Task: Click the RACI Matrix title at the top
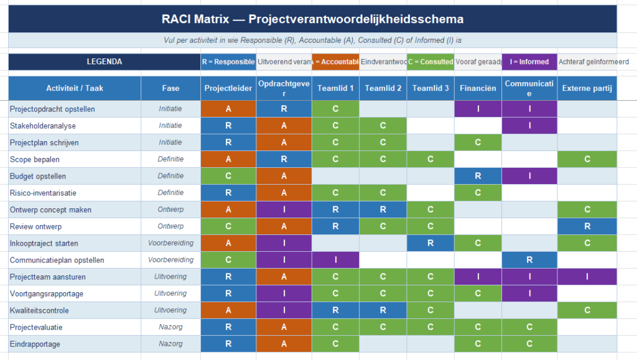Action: [x=312, y=19]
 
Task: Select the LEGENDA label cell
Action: [x=104, y=62]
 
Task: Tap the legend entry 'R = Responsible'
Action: [x=228, y=62]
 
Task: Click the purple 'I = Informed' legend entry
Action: [x=529, y=62]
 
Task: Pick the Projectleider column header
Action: [x=228, y=88]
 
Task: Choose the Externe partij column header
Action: [x=587, y=88]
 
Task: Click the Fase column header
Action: [x=170, y=88]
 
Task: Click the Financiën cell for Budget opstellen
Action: [x=478, y=176]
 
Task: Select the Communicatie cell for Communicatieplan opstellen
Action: [x=529, y=260]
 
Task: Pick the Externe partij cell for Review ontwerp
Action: [x=587, y=226]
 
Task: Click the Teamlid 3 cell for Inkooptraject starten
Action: [x=430, y=243]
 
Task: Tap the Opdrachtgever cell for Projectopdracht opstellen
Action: [x=284, y=109]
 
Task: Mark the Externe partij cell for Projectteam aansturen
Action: [x=587, y=277]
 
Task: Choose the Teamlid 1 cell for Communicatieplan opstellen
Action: [x=335, y=260]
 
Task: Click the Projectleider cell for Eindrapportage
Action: [x=228, y=344]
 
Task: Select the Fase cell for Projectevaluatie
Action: [x=170, y=327]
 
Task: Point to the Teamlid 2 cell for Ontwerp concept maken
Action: [x=383, y=210]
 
